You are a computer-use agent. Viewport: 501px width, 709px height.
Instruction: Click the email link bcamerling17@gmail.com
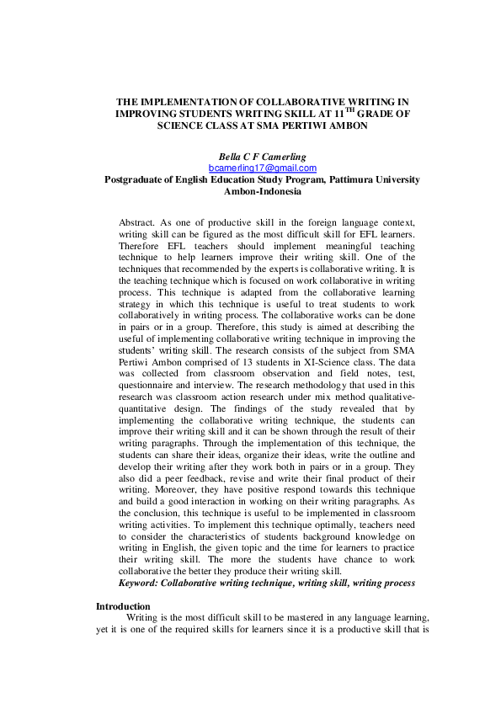tap(250, 168)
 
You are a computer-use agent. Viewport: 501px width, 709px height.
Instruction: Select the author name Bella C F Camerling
tap(250, 157)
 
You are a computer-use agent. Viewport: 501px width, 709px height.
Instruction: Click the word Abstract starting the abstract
tap(137, 215)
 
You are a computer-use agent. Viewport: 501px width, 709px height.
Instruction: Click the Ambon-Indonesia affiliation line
tap(250, 190)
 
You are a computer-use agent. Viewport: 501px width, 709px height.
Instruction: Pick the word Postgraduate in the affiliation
tap(138, 179)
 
